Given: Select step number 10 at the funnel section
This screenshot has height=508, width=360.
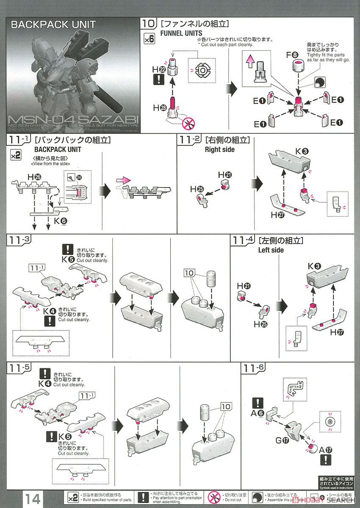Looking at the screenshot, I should click(x=148, y=23).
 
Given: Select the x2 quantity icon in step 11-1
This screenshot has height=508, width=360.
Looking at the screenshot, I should click(x=15, y=156).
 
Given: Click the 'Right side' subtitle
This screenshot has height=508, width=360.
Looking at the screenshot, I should click(x=219, y=149).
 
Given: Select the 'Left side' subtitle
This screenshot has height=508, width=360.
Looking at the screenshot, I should click(x=271, y=250).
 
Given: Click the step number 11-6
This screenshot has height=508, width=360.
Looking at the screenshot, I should click(x=254, y=367).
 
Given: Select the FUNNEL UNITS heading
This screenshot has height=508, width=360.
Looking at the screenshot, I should click(x=181, y=33).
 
